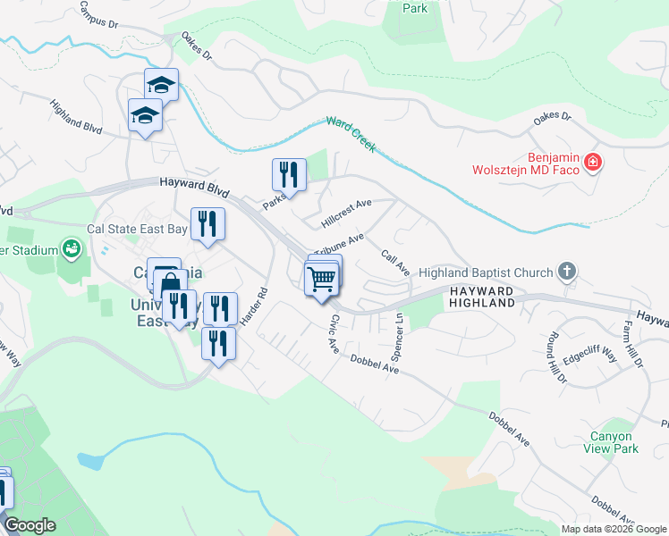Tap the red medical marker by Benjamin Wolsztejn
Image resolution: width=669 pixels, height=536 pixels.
coord(592,162)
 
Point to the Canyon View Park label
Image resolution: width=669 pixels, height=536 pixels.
coord(614,443)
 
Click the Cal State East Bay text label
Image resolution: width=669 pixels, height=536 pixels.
coord(137,229)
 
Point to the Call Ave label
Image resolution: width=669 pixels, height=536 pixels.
coord(395,263)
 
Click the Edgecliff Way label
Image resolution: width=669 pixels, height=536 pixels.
coord(590,357)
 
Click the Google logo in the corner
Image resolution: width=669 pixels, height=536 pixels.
coord(30,525)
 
